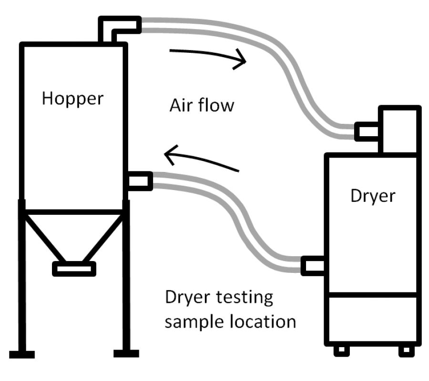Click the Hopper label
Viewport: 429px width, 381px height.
pyautogui.click(x=72, y=99)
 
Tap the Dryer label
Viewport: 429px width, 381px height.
pyautogui.click(x=373, y=195)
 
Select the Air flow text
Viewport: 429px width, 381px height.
pyautogui.click(x=202, y=105)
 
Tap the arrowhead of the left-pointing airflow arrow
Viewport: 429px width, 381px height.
pyautogui.click(x=169, y=153)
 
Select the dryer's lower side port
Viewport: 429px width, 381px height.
pyautogui.click(x=313, y=265)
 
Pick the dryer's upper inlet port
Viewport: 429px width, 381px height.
pyautogui.click(x=367, y=131)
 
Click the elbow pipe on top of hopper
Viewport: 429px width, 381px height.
pyautogui.click(x=119, y=26)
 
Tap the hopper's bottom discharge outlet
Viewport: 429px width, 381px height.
pyautogui.click(x=74, y=269)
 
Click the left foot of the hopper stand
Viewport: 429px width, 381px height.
pyautogui.click(x=21, y=354)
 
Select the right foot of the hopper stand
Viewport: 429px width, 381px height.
pyautogui.click(x=126, y=354)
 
